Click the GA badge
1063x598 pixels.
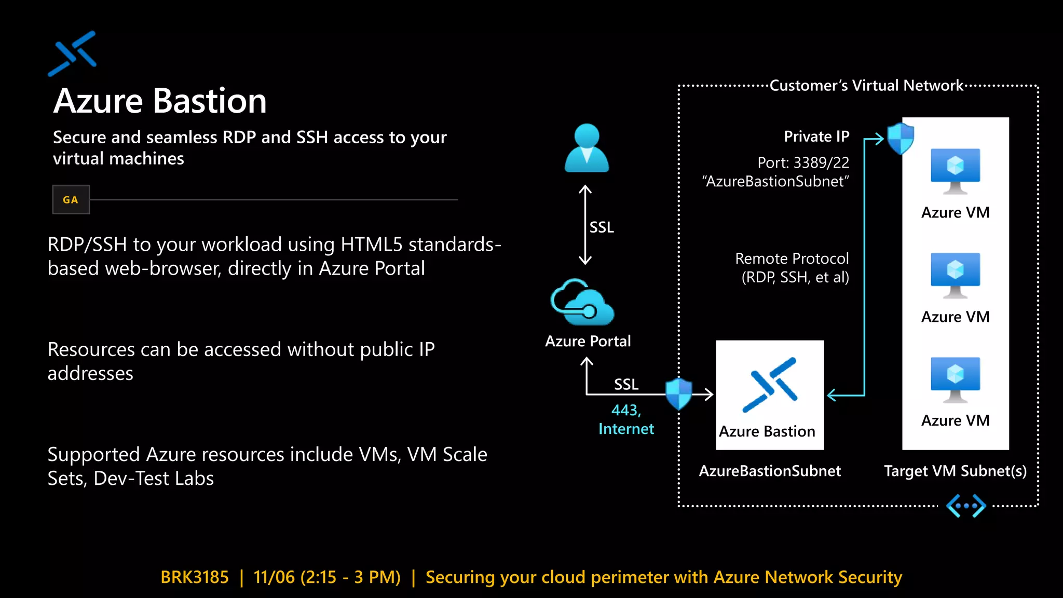[71, 199]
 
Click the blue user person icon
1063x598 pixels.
[587, 148]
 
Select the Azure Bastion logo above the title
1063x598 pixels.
[73, 53]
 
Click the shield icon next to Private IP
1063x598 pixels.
[900, 138]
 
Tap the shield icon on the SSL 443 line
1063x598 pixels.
[679, 393]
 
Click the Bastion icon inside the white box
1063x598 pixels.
[770, 385]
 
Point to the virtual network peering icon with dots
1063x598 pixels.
[965, 506]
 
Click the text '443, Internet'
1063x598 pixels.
[626, 419]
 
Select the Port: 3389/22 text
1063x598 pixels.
[803, 162]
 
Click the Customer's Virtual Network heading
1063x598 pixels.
[866, 85]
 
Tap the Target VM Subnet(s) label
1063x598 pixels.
[955, 471]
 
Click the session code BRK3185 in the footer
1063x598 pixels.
[195, 577]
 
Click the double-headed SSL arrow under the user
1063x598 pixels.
[585, 225]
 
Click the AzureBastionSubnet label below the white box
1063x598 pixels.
[769, 471]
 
